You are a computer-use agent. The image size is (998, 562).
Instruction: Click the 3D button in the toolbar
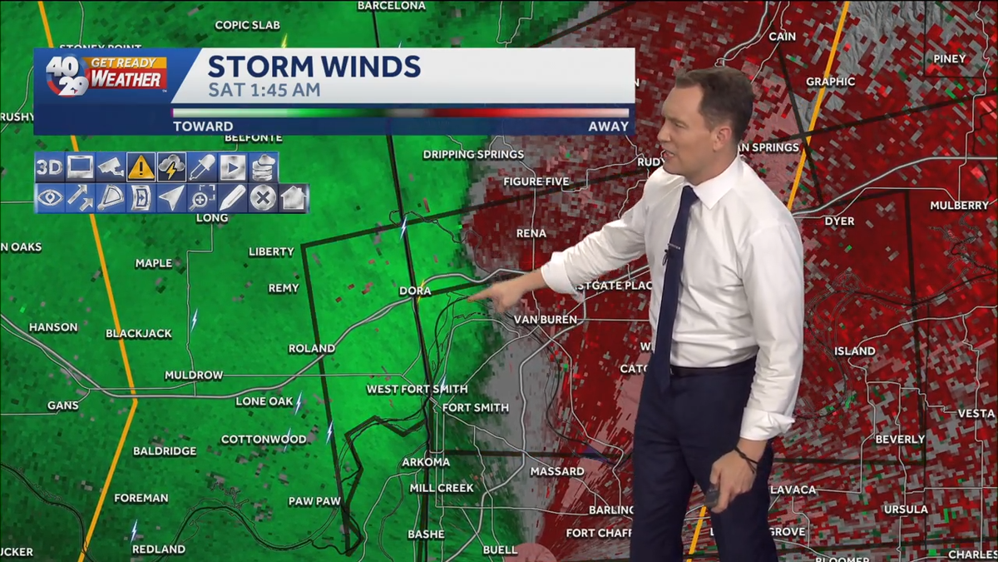(x=49, y=167)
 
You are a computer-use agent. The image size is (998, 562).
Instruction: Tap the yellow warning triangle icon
(x=141, y=167)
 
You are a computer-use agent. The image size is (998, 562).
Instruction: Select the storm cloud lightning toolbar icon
(x=171, y=167)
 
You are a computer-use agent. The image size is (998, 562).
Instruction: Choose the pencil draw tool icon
(x=233, y=198)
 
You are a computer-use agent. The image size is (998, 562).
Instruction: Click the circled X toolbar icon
(x=263, y=198)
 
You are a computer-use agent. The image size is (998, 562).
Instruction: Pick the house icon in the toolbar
(x=294, y=198)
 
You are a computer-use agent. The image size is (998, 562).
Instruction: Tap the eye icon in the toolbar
(x=49, y=198)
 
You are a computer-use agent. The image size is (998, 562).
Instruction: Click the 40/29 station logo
(x=67, y=77)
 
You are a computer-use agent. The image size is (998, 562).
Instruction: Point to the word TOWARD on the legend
(x=203, y=127)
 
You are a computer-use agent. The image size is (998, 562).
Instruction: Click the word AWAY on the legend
(x=608, y=127)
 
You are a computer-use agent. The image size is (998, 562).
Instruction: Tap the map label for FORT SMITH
(x=476, y=408)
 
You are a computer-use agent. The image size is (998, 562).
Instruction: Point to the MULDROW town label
(x=194, y=375)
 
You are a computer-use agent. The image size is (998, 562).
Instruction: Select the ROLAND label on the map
(x=312, y=349)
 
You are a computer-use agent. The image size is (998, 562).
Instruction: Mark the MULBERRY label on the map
(x=959, y=206)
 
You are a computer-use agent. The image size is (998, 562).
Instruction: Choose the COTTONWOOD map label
(x=264, y=440)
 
